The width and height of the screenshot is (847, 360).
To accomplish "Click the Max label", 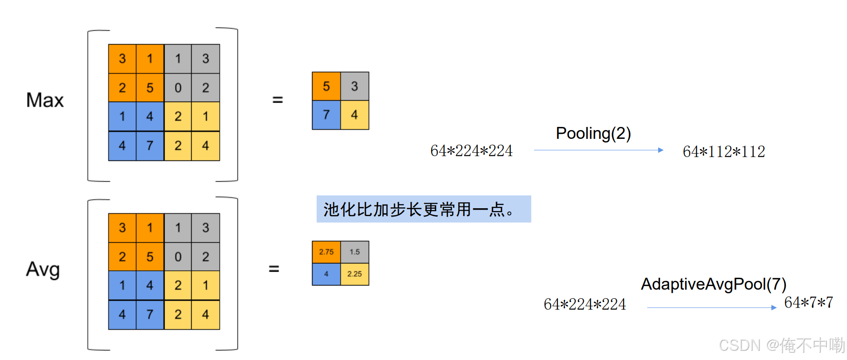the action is (x=45, y=100).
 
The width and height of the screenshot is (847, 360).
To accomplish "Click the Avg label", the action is (x=43, y=269).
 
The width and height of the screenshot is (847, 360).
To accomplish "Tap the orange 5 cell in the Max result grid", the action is (x=326, y=86).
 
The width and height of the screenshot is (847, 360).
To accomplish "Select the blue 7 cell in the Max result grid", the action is (x=326, y=115).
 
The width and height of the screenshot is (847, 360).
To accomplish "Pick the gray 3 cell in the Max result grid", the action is (x=354, y=86).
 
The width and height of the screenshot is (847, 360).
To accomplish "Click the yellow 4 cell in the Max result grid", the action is (x=354, y=115).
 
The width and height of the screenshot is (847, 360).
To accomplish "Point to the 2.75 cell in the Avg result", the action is (x=326, y=252).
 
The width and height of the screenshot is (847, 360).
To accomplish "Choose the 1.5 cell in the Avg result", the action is (x=354, y=252).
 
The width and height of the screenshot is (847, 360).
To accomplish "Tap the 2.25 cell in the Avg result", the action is (x=354, y=274).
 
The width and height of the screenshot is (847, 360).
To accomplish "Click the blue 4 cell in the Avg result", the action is (x=326, y=274).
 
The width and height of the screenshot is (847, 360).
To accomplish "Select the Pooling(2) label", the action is (x=593, y=133).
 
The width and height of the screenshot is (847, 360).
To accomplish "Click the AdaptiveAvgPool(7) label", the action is (x=713, y=284).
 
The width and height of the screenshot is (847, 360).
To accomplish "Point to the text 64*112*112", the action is (x=724, y=152).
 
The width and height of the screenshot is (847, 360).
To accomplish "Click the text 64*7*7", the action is (x=808, y=303).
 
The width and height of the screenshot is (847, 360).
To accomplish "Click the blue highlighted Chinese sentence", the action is (x=423, y=209).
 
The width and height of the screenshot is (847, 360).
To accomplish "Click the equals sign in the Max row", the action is (x=278, y=100).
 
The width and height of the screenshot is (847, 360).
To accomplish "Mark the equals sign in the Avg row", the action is (x=274, y=269).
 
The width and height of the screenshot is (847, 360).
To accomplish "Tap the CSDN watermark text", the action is (x=781, y=345).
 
